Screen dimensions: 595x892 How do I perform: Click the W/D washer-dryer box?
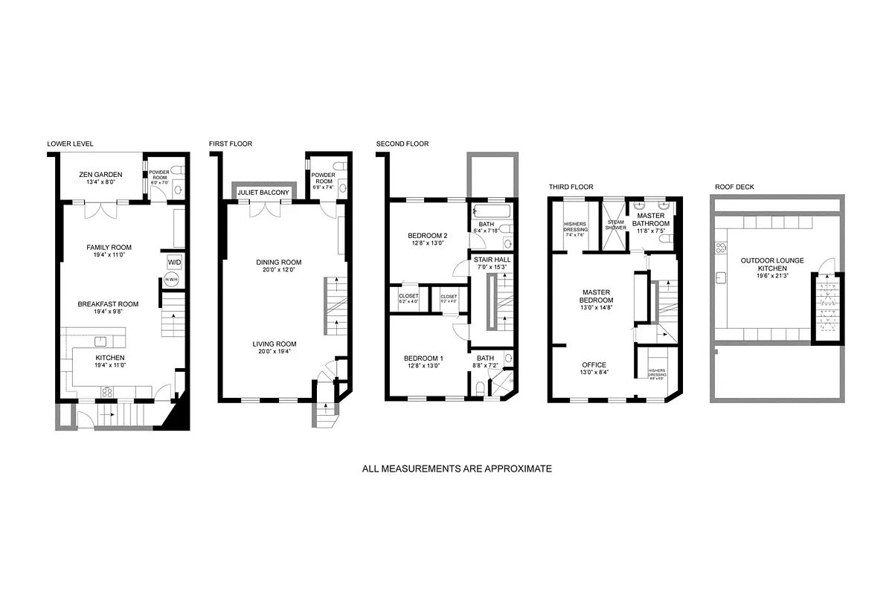coord(173,262)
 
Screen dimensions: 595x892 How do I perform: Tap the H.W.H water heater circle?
coord(171,280)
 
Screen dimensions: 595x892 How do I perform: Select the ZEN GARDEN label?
coord(100,174)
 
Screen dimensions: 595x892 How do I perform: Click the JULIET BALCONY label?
coord(263,193)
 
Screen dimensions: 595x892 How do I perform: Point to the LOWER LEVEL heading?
coord(70,144)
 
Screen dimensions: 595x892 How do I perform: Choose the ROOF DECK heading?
coord(734,187)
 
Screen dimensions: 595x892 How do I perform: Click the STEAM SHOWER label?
coord(615,225)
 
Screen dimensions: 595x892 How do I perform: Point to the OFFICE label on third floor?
coord(594,364)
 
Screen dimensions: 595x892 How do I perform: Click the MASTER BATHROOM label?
coord(651,219)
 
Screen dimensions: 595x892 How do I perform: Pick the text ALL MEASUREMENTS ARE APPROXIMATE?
coord(457,469)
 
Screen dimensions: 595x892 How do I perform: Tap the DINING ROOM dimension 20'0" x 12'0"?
coord(279,270)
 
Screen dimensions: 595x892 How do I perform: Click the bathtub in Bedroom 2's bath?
coord(491,212)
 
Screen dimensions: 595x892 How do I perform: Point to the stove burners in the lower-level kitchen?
coord(106,392)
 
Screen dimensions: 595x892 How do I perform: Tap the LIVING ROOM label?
coord(275,344)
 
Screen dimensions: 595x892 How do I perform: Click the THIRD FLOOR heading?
coord(571,187)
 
